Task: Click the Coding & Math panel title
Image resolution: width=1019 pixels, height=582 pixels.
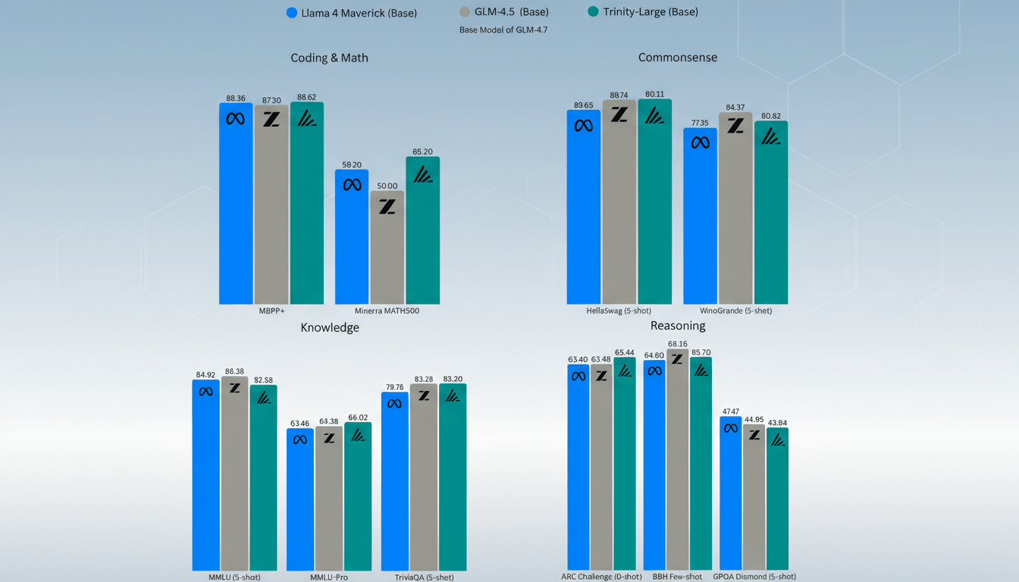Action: point(329,58)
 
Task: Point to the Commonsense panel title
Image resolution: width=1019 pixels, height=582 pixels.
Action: point(677,58)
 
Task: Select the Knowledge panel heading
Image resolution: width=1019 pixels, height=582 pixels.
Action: point(330,327)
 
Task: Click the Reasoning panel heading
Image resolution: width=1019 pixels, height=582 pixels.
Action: point(678,326)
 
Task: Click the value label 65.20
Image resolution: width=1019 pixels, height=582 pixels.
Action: point(422,152)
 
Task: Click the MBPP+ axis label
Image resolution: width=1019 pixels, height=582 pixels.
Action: point(271,311)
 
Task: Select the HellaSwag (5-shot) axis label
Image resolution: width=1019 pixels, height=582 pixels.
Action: point(619,311)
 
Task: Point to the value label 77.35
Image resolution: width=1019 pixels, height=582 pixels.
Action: point(700,123)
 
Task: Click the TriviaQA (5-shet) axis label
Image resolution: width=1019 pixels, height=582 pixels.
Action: point(424,577)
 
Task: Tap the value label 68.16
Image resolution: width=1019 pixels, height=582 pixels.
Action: point(677,344)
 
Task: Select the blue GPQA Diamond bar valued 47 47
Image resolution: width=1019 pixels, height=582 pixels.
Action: point(730,493)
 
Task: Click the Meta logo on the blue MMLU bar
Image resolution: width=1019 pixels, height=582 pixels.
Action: point(205,391)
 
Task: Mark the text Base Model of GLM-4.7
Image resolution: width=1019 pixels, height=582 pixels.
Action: point(503,30)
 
